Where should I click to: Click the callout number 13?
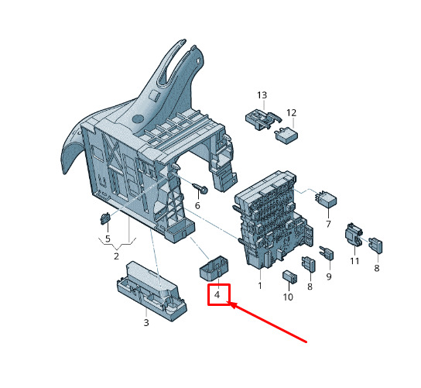pos(262,95)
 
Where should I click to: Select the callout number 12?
pos(291,113)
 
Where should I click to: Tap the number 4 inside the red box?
pos(217,295)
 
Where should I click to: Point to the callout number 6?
pos(197,205)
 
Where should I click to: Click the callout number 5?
pos(108,239)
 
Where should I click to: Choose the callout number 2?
pos(116,256)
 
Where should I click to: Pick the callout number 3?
pos(146,322)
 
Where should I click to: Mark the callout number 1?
pos(259,286)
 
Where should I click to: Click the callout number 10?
pos(288,297)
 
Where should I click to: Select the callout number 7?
pos(328,224)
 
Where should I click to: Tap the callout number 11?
pos(354,261)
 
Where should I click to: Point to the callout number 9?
pos(329,276)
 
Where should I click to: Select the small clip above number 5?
pos(105,218)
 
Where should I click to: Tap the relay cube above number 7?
pos(327,199)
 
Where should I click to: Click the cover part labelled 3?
pos(152,291)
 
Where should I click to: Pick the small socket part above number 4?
pos(214,268)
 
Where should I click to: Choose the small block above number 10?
pos(289,276)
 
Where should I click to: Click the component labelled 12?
pos(286,136)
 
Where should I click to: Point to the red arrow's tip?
pos(228,302)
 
